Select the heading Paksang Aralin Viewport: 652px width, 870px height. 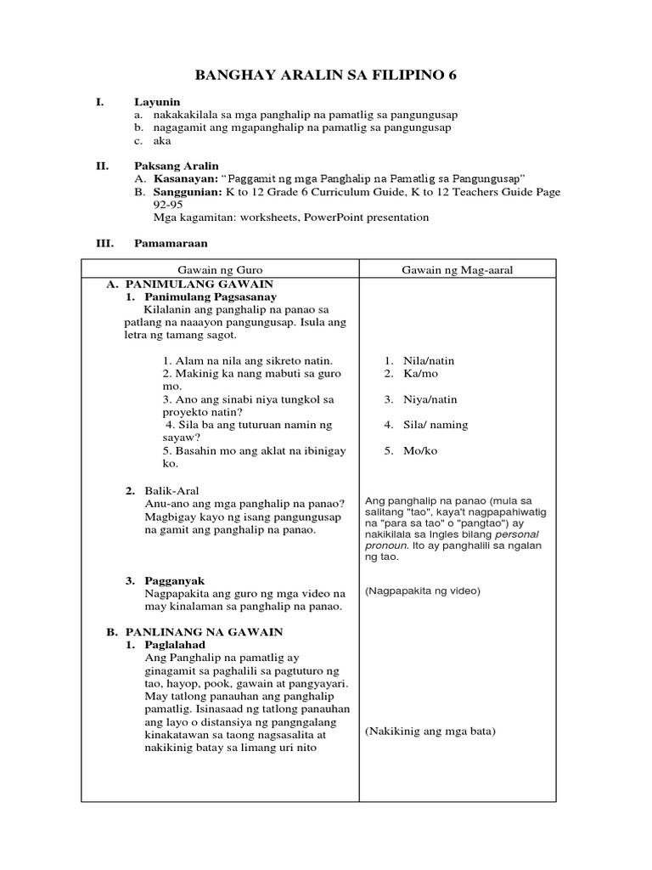(176, 166)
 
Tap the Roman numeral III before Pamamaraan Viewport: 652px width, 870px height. (104, 243)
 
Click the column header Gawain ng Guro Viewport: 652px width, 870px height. (219, 269)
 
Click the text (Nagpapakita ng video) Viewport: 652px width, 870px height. (423, 590)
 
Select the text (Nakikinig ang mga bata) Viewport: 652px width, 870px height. (430, 732)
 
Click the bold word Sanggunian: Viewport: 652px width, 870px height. (183, 192)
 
